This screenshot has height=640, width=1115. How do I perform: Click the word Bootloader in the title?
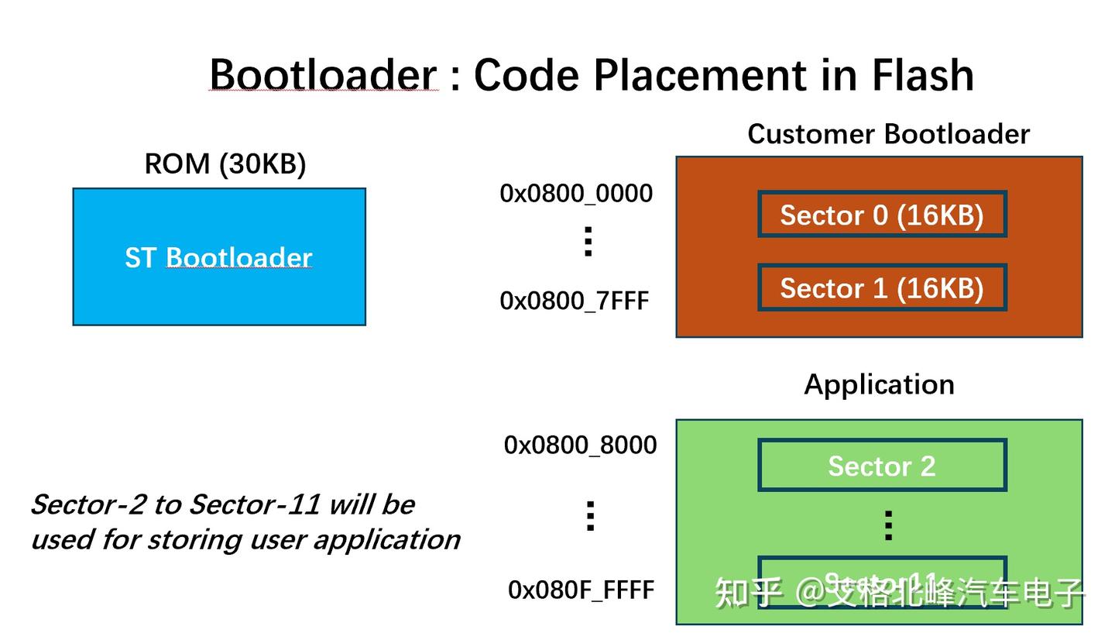pos(323,75)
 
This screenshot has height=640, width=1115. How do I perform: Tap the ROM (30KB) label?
pos(225,164)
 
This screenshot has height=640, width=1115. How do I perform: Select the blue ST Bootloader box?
pos(219,257)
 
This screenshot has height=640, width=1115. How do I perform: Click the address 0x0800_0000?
pos(576,194)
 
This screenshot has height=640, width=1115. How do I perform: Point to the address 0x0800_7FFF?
pos(575,301)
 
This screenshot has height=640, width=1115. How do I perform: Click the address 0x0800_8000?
pos(580,446)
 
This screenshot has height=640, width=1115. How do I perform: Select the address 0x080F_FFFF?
pos(582,590)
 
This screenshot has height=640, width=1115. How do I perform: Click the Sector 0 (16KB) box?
pos(882,215)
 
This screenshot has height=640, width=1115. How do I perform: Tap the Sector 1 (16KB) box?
pos(882,288)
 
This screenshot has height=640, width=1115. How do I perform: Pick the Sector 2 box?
pos(882,466)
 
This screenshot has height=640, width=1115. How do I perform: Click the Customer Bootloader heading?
pos(888,134)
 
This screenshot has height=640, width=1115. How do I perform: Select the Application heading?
pos(879,384)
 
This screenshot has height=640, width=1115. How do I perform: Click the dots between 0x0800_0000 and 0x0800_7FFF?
pos(588,242)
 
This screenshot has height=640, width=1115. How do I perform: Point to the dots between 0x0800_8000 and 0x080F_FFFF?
pos(590,516)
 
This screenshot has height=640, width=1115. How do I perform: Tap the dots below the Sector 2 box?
pos(888,525)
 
